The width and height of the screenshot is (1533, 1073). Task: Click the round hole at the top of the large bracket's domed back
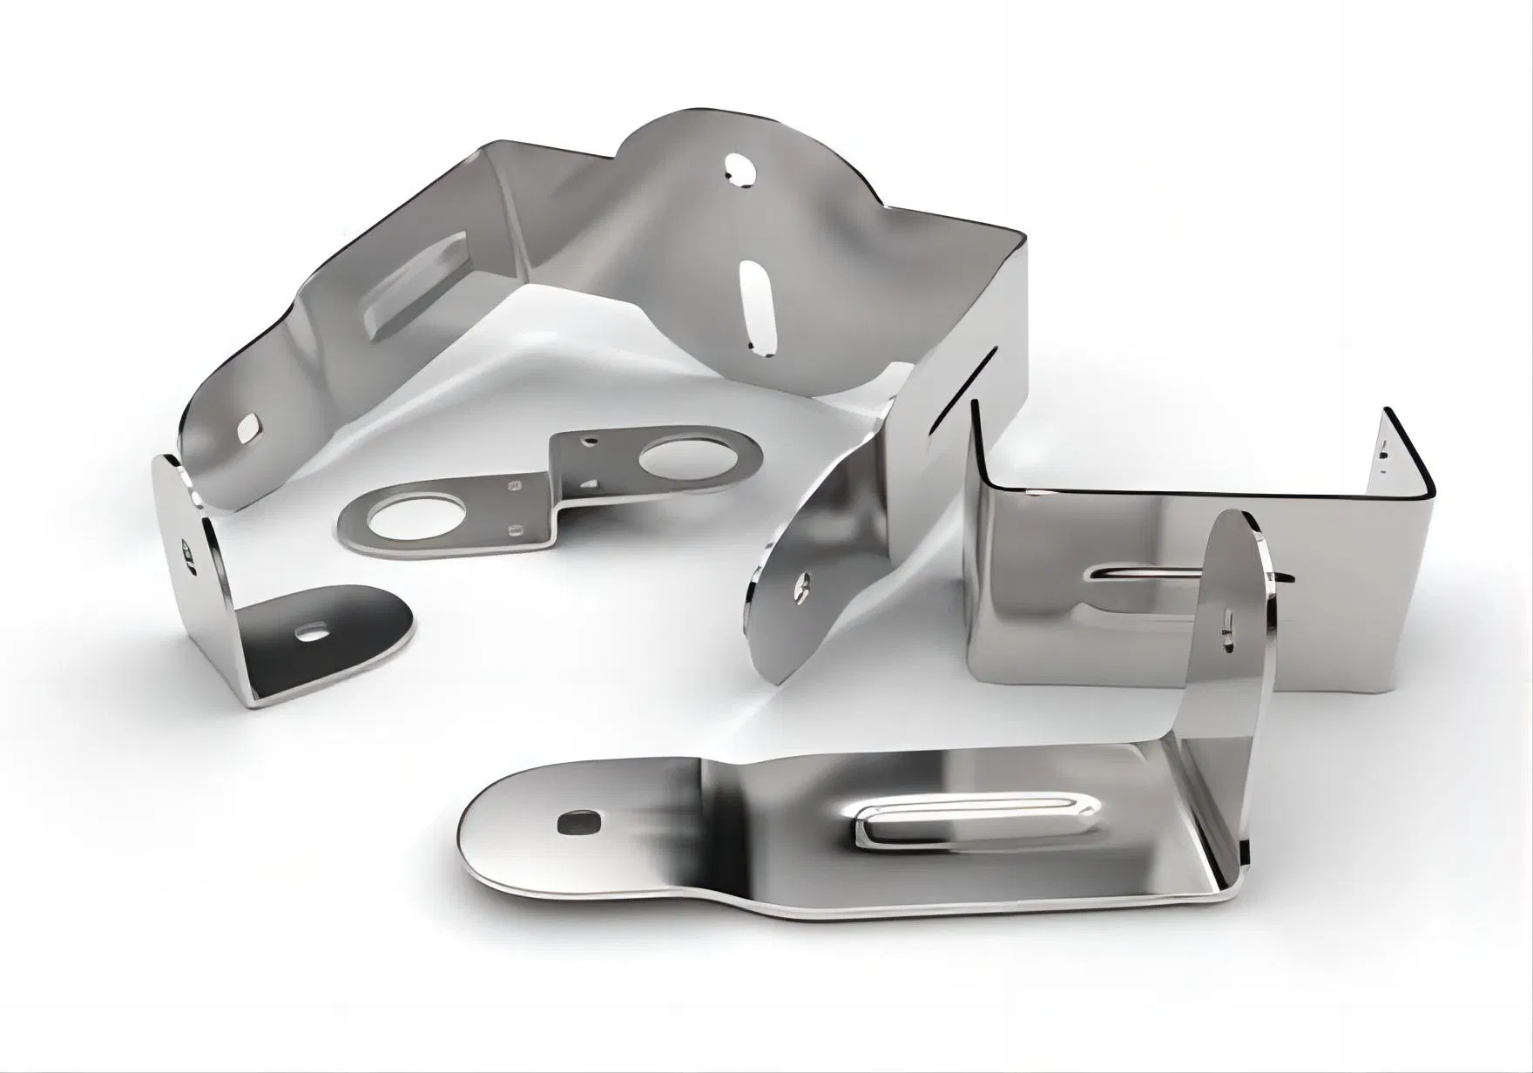point(739,170)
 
